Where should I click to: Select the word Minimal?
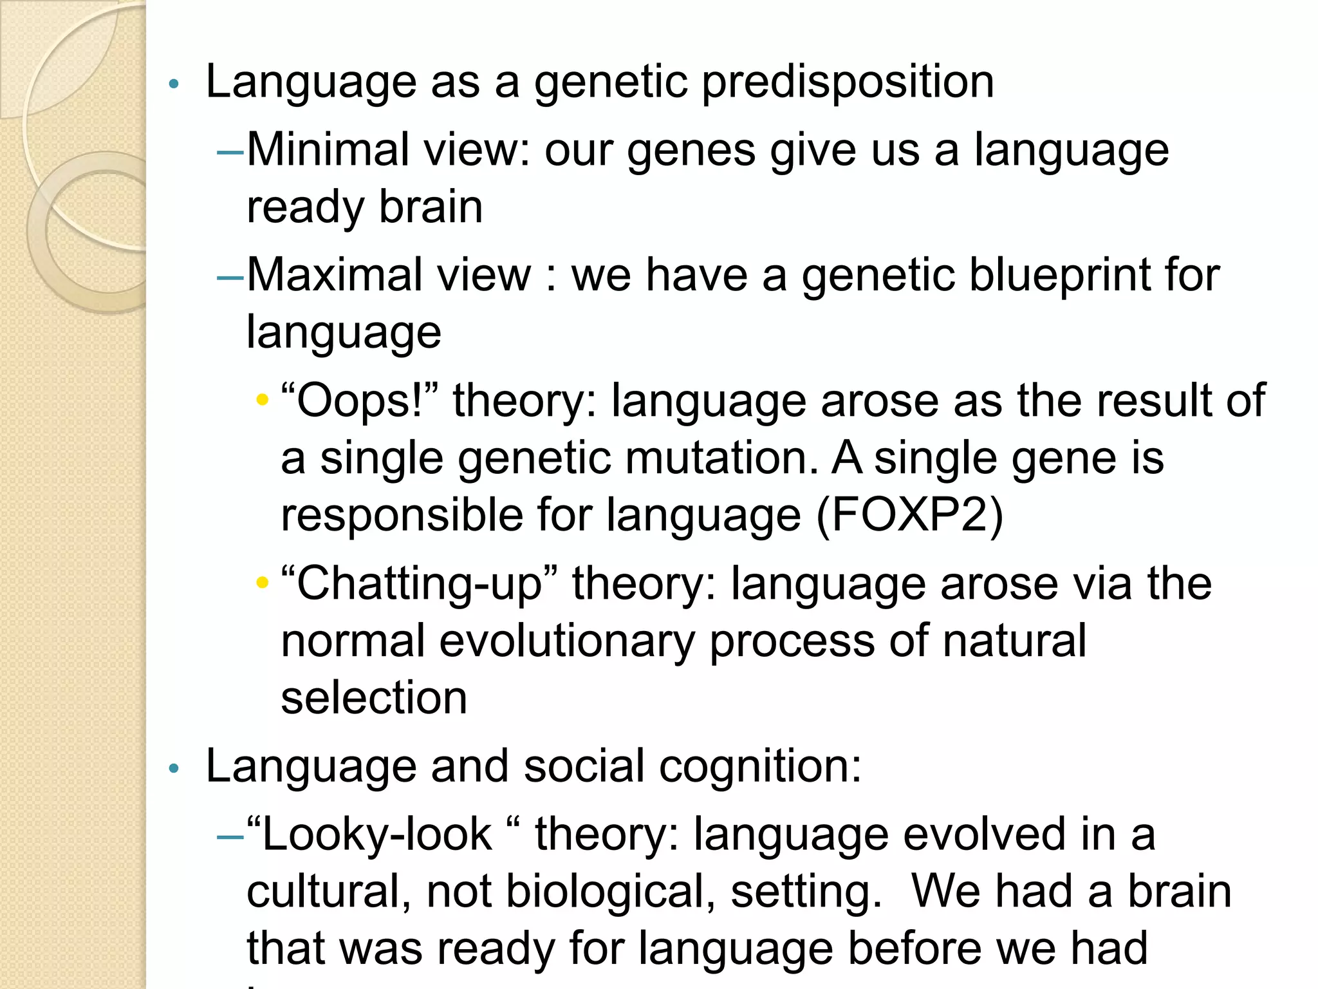coord(328,149)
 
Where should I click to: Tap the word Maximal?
coord(333,275)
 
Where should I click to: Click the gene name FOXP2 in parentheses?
coord(909,515)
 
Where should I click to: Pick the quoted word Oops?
coord(359,400)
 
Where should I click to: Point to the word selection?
coord(374,698)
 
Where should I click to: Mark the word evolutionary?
coord(567,641)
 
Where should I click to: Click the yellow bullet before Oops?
coord(262,400)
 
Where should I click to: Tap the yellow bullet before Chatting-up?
coord(262,583)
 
